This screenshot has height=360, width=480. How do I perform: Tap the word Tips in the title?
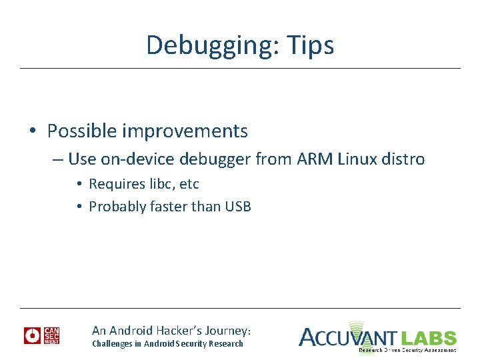(310, 45)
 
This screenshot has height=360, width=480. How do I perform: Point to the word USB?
(238, 207)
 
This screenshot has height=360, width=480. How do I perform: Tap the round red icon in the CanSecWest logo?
(32, 335)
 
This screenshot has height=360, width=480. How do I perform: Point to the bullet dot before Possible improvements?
(32, 132)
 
